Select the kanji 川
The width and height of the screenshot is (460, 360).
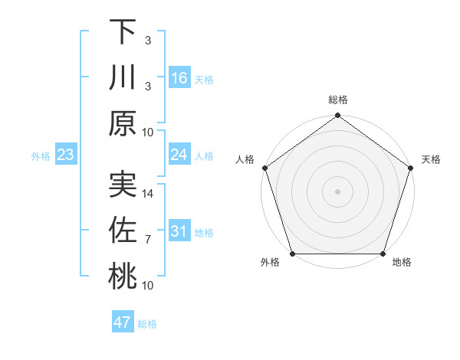123,77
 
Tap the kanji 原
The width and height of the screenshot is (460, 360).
123,123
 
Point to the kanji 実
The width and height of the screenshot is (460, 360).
123,185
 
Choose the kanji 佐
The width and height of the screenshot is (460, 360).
123,231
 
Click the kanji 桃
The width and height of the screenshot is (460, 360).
123,277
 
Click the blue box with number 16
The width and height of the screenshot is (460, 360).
179,77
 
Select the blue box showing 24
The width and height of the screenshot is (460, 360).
179,155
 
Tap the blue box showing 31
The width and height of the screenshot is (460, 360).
179,231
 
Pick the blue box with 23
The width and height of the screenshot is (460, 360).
65,155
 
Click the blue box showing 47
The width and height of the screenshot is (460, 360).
123,322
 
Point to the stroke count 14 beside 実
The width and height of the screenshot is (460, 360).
149,194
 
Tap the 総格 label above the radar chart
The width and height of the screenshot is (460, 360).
337,100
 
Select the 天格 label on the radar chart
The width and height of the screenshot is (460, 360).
431,159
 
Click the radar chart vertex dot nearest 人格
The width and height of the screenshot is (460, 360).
265,168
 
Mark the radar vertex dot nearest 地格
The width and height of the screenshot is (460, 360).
383,254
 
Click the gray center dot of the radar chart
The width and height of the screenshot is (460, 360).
337,191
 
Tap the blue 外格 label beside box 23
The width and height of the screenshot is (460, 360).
41,156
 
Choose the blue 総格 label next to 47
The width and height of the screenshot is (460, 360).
147,324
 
